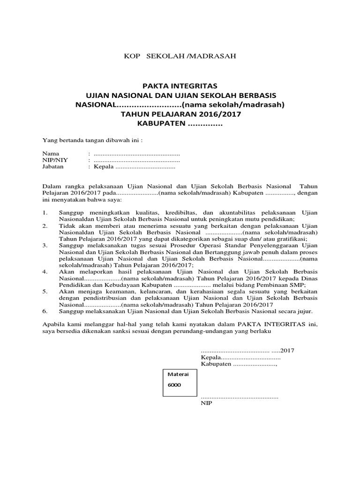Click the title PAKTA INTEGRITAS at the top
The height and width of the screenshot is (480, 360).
(x=180, y=86)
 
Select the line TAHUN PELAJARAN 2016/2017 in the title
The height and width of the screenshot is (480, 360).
(x=180, y=114)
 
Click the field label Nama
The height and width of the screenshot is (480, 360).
(x=50, y=153)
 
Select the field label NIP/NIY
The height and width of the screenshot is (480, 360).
(x=55, y=160)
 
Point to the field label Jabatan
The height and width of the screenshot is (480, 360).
(x=53, y=166)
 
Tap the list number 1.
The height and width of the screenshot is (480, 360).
(x=45, y=212)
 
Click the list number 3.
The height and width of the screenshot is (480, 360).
(x=45, y=245)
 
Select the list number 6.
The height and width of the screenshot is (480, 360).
(x=45, y=311)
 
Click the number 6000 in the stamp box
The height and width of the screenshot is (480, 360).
(x=174, y=385)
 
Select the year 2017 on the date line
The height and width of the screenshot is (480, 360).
(x=287, y=350)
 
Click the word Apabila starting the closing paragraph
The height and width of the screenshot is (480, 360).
(x=54, y=323)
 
